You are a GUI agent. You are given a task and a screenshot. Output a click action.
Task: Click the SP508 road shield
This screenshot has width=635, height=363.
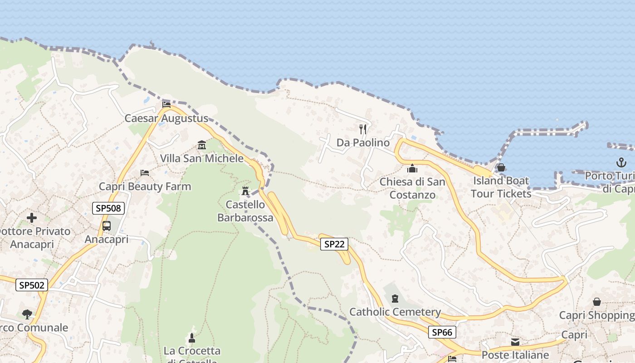point(108,208)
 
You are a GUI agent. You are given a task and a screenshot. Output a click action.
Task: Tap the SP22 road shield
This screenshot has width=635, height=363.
point(334,244)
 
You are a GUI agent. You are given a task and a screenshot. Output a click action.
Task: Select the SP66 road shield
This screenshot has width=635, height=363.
point(442,332)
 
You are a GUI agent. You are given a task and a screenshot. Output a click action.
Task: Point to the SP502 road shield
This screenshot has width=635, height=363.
point(31,285)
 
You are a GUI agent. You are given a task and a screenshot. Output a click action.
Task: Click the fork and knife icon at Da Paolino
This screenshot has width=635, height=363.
point(363,129)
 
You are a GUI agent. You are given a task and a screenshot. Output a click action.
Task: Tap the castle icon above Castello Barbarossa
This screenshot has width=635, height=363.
point(245,191)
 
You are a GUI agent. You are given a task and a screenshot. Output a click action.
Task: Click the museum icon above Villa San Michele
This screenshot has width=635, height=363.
point(202,145)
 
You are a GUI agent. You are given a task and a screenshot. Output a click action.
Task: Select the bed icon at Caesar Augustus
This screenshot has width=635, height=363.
point(166,105)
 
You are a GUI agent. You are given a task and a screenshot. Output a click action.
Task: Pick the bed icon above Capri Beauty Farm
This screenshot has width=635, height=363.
point(145,173)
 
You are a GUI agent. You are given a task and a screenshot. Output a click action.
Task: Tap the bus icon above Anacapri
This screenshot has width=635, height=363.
point(107,226)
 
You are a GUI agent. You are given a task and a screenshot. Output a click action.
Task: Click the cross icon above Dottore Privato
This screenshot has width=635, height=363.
point(32,218)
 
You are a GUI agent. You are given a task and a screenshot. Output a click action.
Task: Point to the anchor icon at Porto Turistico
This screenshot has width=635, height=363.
point(621,162)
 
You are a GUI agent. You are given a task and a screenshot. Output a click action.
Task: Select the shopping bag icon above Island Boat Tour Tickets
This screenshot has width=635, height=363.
point(501,167)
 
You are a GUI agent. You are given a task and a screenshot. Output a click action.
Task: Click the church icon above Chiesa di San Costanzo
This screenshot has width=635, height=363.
point(412,168)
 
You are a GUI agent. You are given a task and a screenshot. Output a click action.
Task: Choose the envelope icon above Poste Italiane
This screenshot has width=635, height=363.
point(515,342)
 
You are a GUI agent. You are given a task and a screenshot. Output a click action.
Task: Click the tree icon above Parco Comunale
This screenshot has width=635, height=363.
point(27,314)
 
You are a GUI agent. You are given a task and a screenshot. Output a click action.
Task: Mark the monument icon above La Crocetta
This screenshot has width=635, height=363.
point(192,338)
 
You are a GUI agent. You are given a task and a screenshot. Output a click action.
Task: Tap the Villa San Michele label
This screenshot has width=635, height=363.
point(202,159)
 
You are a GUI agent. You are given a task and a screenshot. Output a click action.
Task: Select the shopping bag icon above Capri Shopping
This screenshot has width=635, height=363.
point(597,302)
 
